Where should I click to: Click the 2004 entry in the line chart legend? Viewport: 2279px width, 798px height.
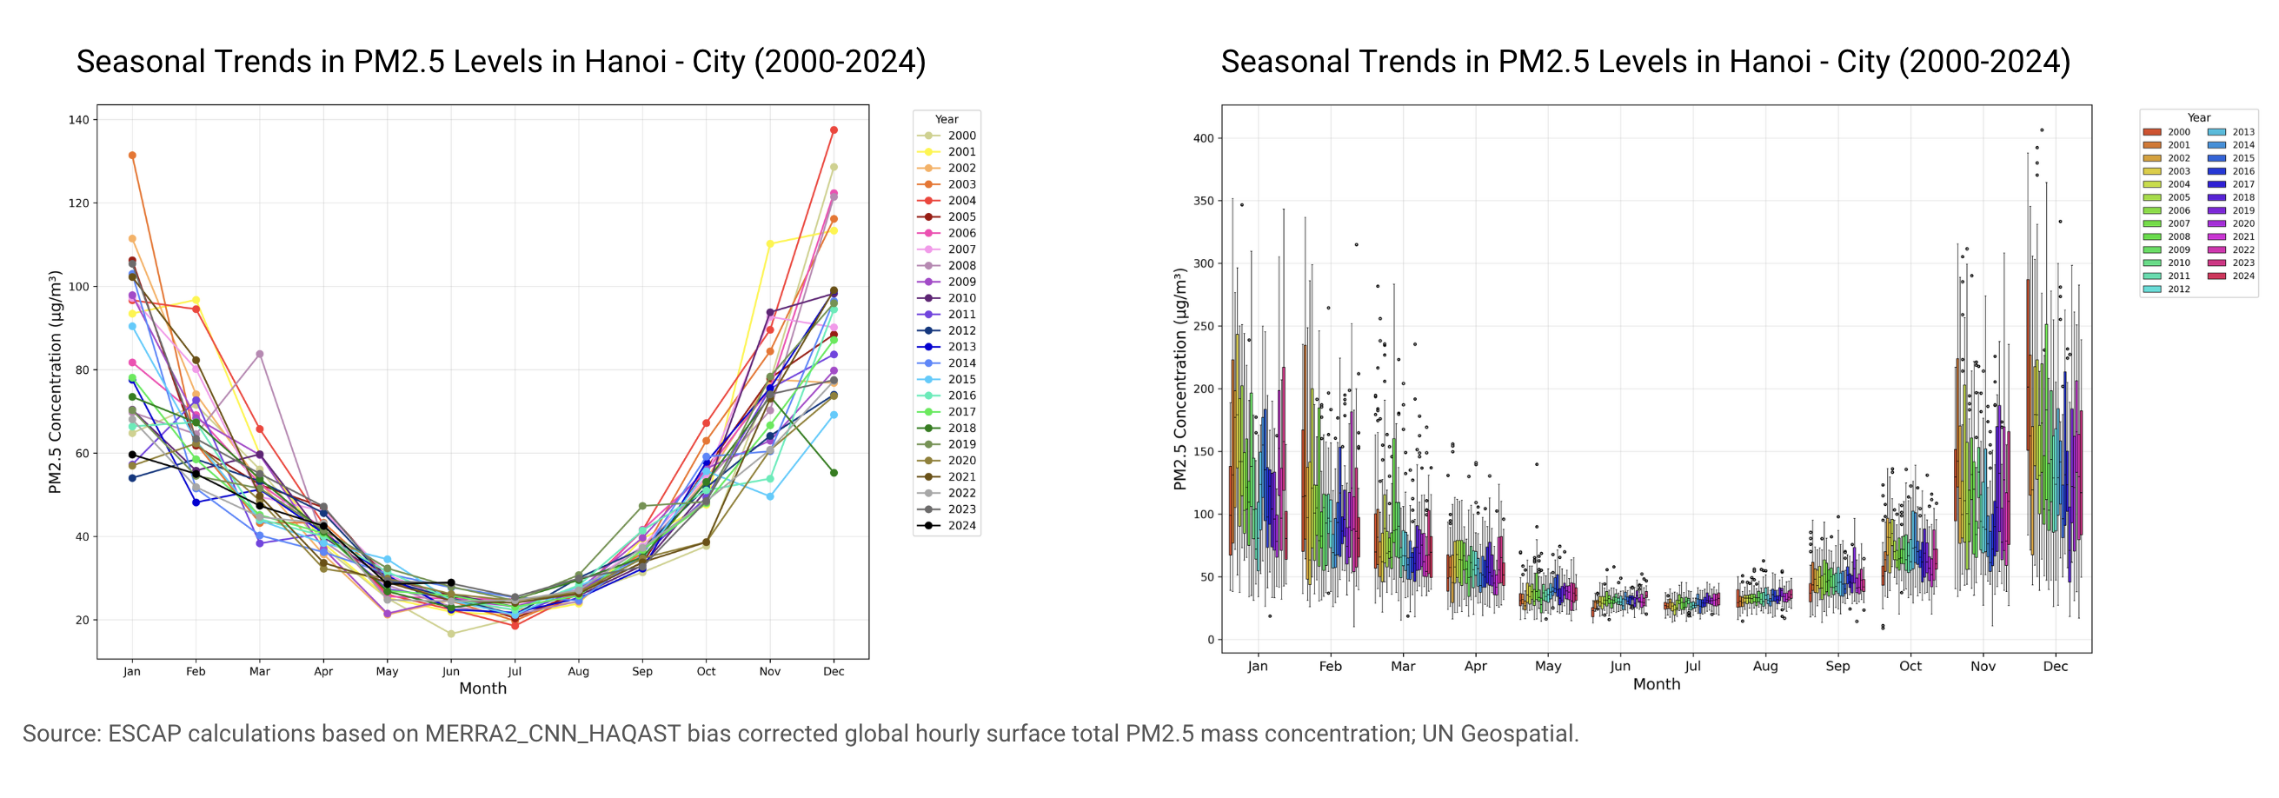point(946,201)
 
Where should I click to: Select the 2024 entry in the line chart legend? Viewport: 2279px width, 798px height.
point(946,526)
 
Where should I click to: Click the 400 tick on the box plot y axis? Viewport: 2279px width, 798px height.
point(1203,138)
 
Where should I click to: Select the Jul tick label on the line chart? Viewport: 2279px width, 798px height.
point(515,671)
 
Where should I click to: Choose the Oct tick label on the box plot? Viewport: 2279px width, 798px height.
point(1910,666)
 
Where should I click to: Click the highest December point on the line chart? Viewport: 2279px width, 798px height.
point(834,130)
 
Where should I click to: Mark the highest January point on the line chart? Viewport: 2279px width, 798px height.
point(132,156)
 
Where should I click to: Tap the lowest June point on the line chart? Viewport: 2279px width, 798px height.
point(451,635)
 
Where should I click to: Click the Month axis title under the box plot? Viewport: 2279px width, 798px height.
point(1656,684)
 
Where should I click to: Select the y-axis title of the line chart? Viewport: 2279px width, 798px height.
point(55,382)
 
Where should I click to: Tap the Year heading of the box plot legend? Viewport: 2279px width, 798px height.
point(2198,117)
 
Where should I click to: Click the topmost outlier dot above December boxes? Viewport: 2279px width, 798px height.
point(2042,130)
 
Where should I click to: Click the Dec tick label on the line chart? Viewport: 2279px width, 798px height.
point(834,671)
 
